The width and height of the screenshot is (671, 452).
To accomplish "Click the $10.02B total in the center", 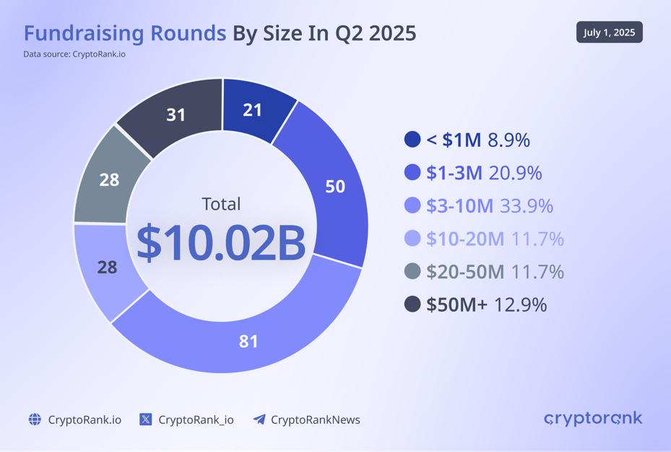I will [x=221, y=243].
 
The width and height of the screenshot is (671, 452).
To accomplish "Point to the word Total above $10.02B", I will [x=221, y=204].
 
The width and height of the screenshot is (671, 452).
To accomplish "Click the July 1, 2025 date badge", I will [x=609, y=33].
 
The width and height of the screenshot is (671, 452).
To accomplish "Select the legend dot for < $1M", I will [x=412, y=140].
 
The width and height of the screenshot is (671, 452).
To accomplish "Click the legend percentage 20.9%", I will [x=515, y=173].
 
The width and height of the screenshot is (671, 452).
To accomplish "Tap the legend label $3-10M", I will [x=459, y=205].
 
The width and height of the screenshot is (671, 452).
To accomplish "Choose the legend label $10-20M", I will [x=464, y=239].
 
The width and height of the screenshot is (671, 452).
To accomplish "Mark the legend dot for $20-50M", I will [x=412, y=271].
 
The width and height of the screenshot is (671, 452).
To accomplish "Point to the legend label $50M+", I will [x=456, y=304].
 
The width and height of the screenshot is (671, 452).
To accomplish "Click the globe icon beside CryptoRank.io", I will [x=35, y=419].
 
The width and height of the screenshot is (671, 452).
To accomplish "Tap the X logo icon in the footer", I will [x=145, y=419].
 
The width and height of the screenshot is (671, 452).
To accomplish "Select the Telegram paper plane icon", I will [x=259, y=419].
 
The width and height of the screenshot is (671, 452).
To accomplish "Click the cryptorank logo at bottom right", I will [x=592, y=419].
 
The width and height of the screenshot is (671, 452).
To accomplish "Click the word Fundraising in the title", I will [x=124, y=33].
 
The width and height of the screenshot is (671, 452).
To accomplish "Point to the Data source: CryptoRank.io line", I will [x=74, y=54].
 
